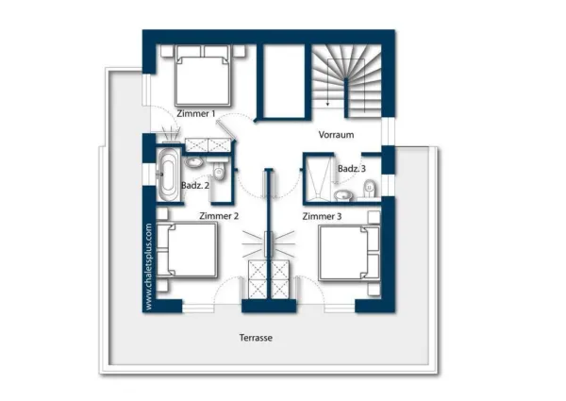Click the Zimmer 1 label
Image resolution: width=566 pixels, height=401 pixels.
[x=196, y=113]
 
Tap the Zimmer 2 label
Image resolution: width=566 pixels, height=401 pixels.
[x=219, y=216]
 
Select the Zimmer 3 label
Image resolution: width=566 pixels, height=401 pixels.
[x=322, y=216]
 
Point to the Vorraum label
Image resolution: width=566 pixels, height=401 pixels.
[x=336, y=135]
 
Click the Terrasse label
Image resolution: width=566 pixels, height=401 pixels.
[x=256, y=338]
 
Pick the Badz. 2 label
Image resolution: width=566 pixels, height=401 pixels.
[x=195, y=186]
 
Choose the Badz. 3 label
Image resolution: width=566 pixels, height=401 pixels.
[x=352, y=169]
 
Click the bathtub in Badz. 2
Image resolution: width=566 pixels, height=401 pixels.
[x=168, y=175]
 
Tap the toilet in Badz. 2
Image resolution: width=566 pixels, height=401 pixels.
[x=219, y=171]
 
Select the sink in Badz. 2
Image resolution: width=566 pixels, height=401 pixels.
[x=194, y=162]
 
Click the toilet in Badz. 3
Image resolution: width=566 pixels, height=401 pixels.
[x=369, y=189]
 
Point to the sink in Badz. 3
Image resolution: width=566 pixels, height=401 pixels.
[x=343, y=195]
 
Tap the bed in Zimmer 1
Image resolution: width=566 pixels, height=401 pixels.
[x=203, y=75]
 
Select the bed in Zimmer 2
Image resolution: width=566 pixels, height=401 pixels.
[x=187, y=250]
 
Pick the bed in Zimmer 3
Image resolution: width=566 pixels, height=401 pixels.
[x=349, y=253]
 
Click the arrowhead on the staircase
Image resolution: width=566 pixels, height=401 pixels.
[x=327, y=104]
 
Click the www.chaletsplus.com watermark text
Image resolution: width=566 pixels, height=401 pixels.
[x=148, y=267]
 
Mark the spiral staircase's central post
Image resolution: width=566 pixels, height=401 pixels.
[x=346, y=98]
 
